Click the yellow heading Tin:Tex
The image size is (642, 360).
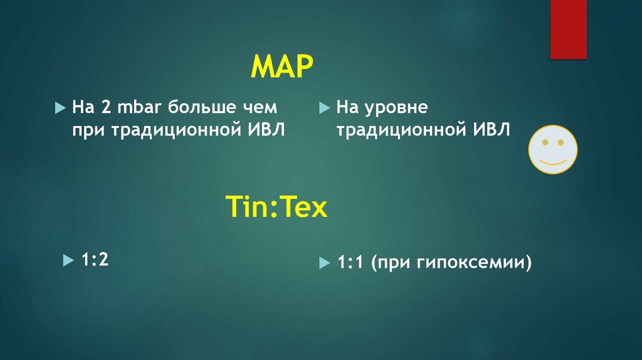click(x=276, y=207)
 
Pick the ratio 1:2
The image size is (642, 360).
click(x=95, y=259)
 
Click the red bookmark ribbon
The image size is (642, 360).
click(x=568, y=29)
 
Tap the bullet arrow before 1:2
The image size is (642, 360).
click(x=67, y=260)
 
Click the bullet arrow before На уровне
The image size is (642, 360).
click(x=323, y=108)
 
